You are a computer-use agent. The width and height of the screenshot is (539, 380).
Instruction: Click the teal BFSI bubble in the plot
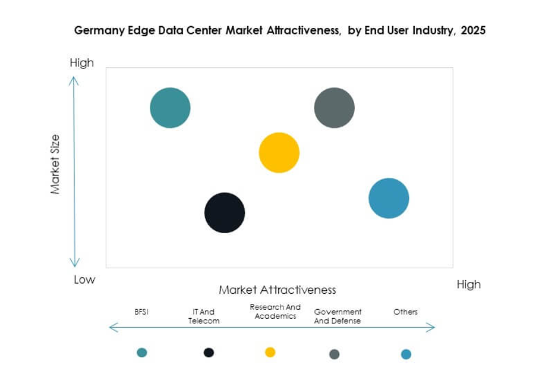170,108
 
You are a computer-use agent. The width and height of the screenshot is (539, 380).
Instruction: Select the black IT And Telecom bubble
225,213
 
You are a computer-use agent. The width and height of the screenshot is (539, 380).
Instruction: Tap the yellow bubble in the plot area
279,153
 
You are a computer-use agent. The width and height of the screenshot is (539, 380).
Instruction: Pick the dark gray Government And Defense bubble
334,108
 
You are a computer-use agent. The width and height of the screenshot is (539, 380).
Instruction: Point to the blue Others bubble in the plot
389,198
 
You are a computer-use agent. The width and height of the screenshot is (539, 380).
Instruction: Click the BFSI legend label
141,312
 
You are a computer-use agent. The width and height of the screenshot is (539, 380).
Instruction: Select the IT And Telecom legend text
204,316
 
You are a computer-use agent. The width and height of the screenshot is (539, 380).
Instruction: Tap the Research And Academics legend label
275,312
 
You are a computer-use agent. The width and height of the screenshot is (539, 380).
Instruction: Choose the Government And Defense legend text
338,316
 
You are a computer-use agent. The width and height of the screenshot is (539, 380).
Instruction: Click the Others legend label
405,312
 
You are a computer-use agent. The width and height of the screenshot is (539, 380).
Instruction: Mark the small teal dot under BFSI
141,353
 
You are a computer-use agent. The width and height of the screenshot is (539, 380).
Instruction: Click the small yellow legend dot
270,352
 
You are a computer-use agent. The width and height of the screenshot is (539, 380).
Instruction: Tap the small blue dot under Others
406,354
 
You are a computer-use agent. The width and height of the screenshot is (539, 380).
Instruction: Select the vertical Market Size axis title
55,164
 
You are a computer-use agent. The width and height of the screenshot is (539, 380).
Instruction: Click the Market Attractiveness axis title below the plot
278,290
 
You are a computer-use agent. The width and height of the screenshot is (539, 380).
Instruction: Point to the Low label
84,279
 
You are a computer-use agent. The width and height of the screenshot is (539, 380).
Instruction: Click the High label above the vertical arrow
82,63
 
